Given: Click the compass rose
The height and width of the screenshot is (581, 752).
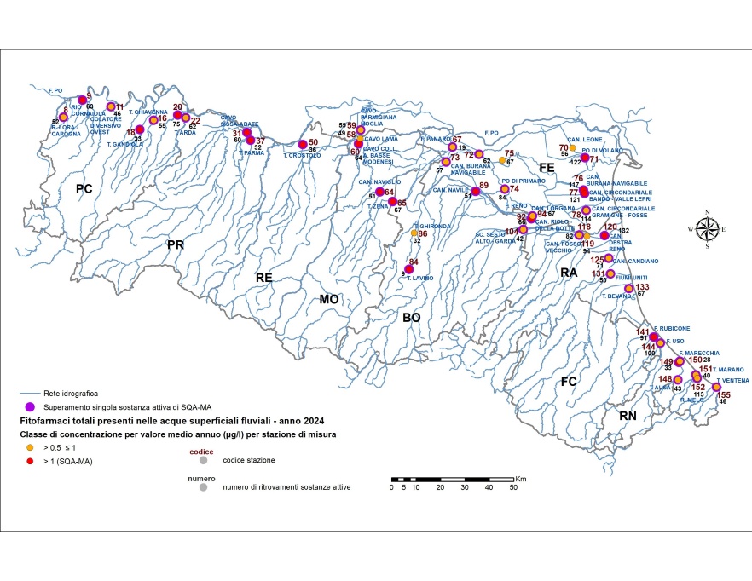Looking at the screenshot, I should (707, 228).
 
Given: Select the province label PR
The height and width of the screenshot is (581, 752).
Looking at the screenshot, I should (176, 245).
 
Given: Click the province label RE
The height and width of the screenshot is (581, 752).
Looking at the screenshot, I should (264, 278).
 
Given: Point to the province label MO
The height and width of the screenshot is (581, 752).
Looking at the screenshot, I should (328, 299).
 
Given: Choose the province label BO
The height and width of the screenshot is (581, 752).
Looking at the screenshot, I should (412, 317).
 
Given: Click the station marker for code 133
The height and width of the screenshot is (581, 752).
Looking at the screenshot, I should (628, 289).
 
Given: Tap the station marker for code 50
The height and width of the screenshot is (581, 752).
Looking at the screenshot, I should (303, 143).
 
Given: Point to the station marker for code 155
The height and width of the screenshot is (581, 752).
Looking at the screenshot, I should (716, 387).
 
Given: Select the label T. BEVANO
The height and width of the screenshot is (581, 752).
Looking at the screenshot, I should (616, 296).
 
